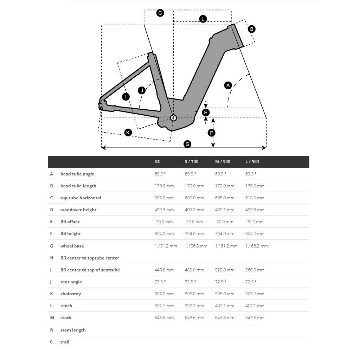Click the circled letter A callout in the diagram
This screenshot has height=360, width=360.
pos(228,85)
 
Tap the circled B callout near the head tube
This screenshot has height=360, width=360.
pos(251,29)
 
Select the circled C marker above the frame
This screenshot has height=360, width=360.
pos(160,13)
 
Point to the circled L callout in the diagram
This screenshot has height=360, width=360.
pos(203,19)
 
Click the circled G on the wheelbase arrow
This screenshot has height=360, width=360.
pos(187,144)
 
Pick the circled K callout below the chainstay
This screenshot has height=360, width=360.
pos(128,132)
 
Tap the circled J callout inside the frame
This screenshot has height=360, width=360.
pos(142,90)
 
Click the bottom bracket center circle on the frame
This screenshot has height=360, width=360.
pos(173,118)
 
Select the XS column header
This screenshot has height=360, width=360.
pos(157,162)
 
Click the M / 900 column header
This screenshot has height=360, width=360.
pos(223,162)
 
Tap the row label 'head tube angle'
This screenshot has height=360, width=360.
pos(77,174)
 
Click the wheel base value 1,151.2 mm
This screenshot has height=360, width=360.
pos(166,246)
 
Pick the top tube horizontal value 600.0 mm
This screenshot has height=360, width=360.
pos(194,198)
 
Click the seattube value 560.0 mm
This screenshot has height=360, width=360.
pos(255,270)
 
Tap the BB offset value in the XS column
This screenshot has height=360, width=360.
pos(163,222)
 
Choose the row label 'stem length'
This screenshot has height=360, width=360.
pos(73,330)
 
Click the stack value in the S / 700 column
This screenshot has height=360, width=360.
pos(194,318)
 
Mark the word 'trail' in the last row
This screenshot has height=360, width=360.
pos(65,342)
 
